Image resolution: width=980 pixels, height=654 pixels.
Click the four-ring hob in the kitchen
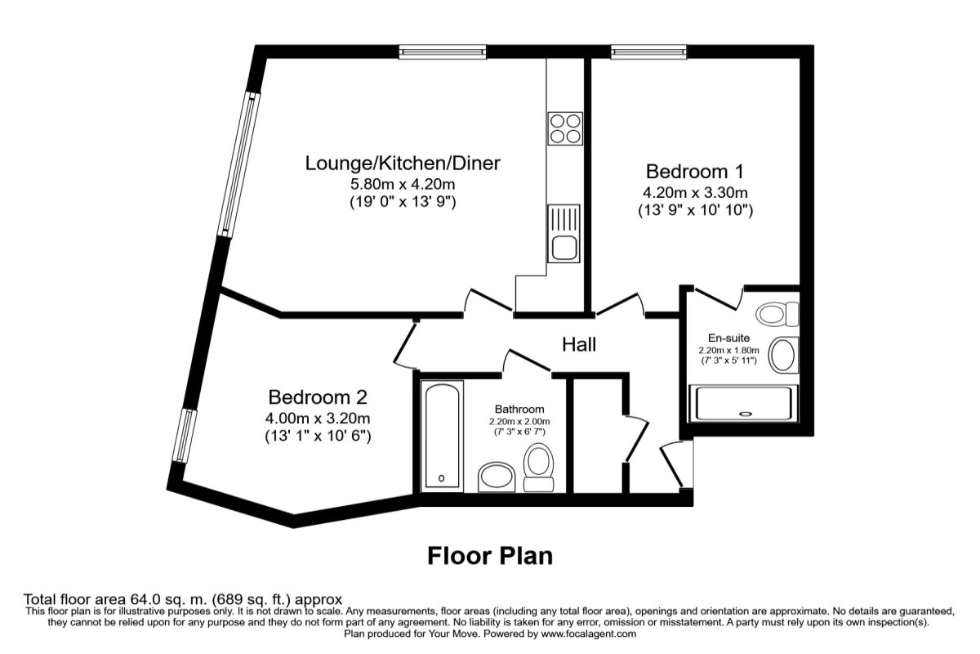pos(565,128)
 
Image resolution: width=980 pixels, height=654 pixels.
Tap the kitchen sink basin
pos(564,248)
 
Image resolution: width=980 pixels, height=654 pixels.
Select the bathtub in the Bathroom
pos(442,436)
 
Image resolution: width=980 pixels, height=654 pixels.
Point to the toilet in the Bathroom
pos(538,468)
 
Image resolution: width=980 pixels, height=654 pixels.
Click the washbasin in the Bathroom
pos(497,477)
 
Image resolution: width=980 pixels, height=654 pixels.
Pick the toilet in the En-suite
pos(777,314)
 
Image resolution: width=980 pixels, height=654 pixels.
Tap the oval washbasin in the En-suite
pos(783,356)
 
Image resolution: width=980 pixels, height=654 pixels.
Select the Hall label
pos(579,344)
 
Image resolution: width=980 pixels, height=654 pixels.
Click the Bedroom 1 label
pos(695,172)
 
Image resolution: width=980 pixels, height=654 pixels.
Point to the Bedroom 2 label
pos(318,397)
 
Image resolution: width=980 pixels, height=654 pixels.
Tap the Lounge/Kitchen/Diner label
pos(403,163)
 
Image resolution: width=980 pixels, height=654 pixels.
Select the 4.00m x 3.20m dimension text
pos(318,419)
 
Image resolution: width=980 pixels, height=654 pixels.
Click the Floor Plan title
pos(490,556)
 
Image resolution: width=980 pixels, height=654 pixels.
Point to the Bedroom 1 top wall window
pos(648,52)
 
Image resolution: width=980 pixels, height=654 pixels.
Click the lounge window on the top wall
pos(443,52)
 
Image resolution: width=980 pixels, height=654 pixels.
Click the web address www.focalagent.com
pos(589,634)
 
